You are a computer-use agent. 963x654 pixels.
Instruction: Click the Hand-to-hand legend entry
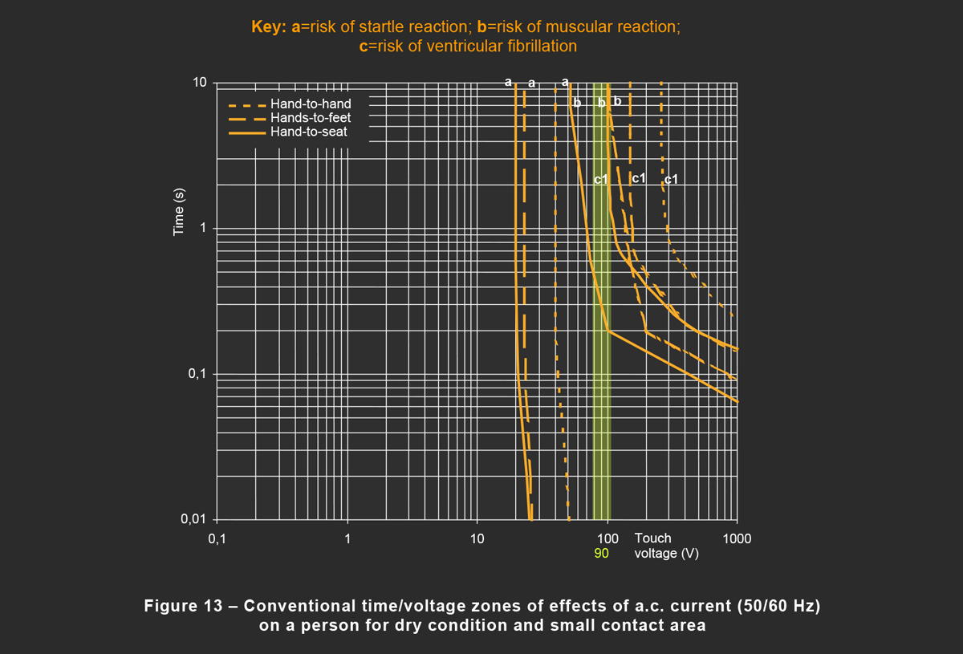tap(311, 104)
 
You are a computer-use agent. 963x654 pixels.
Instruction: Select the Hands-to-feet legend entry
tap(311, 118)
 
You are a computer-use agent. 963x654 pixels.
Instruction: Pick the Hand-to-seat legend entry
tap(309, 132)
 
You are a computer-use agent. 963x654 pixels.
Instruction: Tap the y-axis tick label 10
tap(200, 83)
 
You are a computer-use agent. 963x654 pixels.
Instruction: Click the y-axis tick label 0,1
tap(197, 375)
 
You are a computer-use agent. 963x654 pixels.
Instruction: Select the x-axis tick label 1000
tap(737, 538)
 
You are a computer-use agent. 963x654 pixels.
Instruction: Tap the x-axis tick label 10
tap(477, 538)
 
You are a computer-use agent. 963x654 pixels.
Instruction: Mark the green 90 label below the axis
tap(602, 553)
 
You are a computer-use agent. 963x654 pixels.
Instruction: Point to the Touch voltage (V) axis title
tap(666, 546)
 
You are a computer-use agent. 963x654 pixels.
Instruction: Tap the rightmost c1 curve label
tap(671, 179)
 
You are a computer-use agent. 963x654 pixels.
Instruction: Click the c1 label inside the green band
tap(601, 180)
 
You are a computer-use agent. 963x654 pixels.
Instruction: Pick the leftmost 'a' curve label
tap(508, 81)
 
